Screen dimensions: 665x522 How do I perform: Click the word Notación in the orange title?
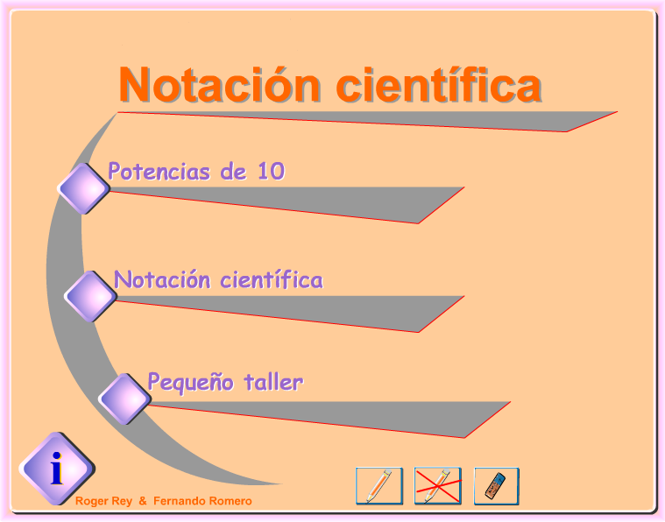click(x=219, y=84)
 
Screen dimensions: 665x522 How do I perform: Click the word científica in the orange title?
click(x=439, y=84)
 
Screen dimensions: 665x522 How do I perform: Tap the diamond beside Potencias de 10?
click(x=83, y=188)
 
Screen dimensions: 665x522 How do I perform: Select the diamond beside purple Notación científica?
click(x=90, y=296)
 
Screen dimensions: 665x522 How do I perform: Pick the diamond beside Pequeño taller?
click(x=124, y=399)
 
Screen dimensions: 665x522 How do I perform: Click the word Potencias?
click(x=159, y=172)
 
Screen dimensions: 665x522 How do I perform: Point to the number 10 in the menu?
click(x=271, y=171)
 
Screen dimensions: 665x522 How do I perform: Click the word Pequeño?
click(x=190, y=383)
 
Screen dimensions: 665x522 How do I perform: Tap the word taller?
click(x=273, y=382)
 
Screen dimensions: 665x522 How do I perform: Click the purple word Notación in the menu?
click(x=162, y=280)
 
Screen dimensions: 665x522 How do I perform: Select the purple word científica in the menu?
click(x=272, y=280)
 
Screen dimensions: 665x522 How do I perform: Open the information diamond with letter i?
click(x=57, y=469)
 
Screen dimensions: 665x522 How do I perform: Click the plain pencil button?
click(x=379, y=486)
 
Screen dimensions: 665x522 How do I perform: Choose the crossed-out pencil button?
click(x=438, y=486)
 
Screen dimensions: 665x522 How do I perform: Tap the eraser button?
click(x=496, y=486)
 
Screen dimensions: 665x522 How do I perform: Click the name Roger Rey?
click(x=103, y=501)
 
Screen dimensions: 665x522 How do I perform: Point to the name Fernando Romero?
click(x=202, y=501)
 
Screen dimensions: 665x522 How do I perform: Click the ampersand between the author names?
click(x=143, y=501)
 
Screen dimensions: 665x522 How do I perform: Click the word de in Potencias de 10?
click(x=233, y=172)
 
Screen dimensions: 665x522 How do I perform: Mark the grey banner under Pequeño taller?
click(x=327, y=418)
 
